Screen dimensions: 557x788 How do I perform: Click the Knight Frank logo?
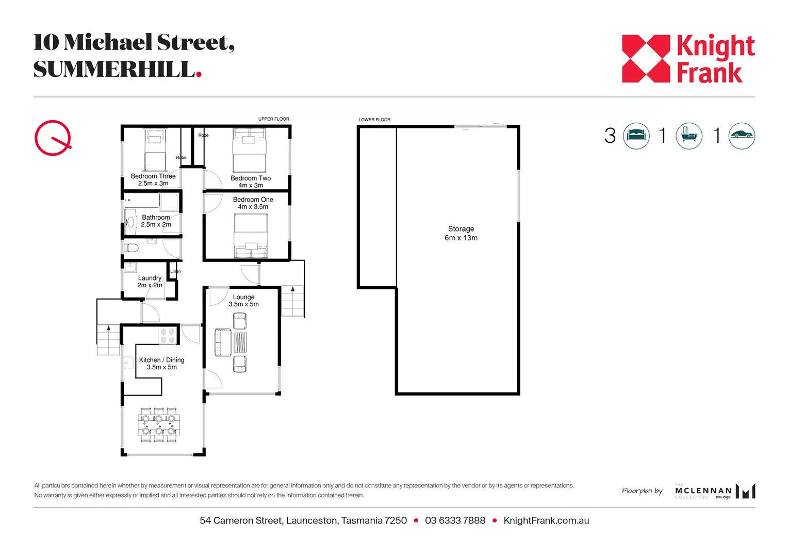[x=688, y=59]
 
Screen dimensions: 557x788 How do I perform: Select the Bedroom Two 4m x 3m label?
[x=251, y=182]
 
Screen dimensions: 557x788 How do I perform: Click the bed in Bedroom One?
[x=251, y=236]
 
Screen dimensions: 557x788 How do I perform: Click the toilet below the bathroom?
[x=132, y=248]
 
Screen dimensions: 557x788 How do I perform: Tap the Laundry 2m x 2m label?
[x=150, y=282]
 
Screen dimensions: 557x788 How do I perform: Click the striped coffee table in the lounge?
[x=240, y=342]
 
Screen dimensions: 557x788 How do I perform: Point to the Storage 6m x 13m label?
[x=461, y=233]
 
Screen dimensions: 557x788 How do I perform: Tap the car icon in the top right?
[x=742, y=136]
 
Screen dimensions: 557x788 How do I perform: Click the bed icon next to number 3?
[x=636, y=136]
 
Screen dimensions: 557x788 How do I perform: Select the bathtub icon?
[x=689, y=136]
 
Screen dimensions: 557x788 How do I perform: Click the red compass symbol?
[x=53, y=138]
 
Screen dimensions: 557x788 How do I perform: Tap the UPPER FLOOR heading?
[x=274, y=119]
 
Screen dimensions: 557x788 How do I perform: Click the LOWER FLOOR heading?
[x=374, y=120]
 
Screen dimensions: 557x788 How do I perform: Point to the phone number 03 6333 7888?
[x=455, y=520]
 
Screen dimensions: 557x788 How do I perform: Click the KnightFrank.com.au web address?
[x=546, y=520]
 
